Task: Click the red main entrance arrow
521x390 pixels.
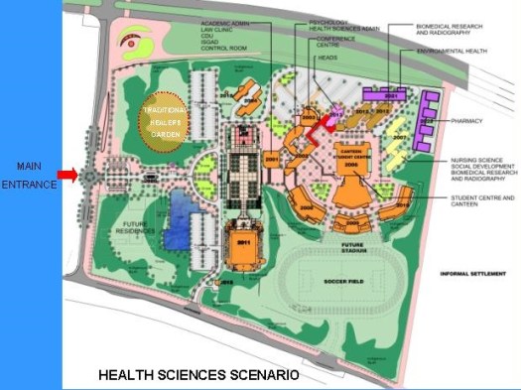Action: [x=66, y=176]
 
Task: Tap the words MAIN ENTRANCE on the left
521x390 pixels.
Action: [x=30, y=175]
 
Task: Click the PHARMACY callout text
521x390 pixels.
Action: [x=464, y=121]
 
